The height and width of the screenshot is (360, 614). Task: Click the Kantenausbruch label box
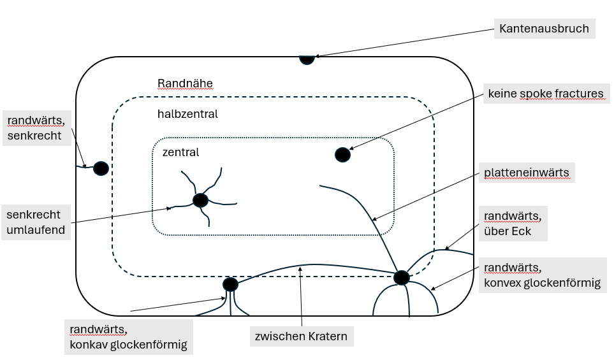pos(544,29)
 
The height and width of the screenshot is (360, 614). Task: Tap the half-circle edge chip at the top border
pos(307,59)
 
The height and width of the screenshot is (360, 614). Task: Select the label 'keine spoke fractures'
pos(545,94)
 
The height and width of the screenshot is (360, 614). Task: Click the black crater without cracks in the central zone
pos(342,155)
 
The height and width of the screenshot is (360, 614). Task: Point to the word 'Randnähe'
pos(185,83)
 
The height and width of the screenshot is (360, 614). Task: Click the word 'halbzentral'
pos(187,114)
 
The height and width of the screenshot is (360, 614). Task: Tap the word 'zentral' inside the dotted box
pos(180,152)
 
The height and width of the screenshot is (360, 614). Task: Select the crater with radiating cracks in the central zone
pos(200,200)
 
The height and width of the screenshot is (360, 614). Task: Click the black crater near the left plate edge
pos(101,168)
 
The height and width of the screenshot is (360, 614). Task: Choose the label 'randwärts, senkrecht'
pos(37,127)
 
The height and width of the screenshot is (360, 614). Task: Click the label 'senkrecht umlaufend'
pos(37,222)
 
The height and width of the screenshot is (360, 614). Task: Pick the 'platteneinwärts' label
pos(526,173)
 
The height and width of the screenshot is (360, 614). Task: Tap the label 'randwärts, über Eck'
pos(513,224)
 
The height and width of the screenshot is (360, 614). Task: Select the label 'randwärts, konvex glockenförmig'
pos(542,275)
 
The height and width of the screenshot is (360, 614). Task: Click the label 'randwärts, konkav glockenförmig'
pos(128,337)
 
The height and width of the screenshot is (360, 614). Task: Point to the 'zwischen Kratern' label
pos(300,336)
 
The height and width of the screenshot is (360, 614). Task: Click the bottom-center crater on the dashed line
pos(230,284)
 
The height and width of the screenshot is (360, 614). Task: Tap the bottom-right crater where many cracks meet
pos(401,278)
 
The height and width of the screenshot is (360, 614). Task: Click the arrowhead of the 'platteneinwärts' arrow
pos(374,220)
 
